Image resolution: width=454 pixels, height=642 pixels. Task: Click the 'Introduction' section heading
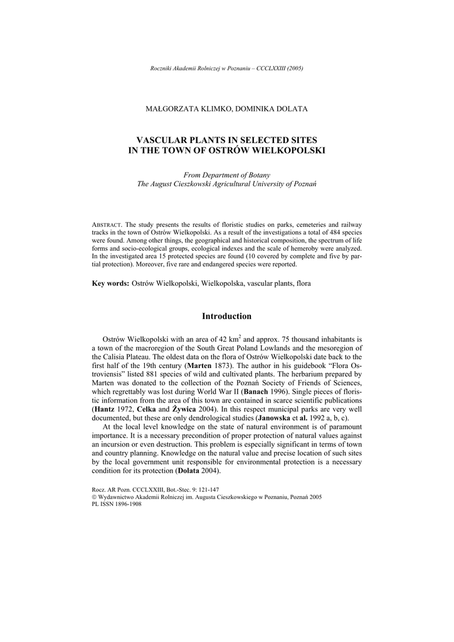click(x=226, y=316)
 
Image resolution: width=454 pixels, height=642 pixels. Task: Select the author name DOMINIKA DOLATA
click(x=272, y=109)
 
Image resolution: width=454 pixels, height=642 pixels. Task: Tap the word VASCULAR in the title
click(x=164, y=140)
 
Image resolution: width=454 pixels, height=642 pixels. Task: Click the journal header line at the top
click(x=227, y=68)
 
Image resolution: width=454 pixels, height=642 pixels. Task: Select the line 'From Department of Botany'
click(x=226, y=174)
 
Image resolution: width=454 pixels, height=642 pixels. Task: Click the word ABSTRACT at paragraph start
click(x=107, y=224)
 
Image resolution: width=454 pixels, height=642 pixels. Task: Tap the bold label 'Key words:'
click(x=111, y=283)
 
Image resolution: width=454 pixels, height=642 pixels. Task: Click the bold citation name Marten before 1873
click(x=199, y=364)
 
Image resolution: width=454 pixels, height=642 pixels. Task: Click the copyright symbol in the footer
click(x=94, y=496)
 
